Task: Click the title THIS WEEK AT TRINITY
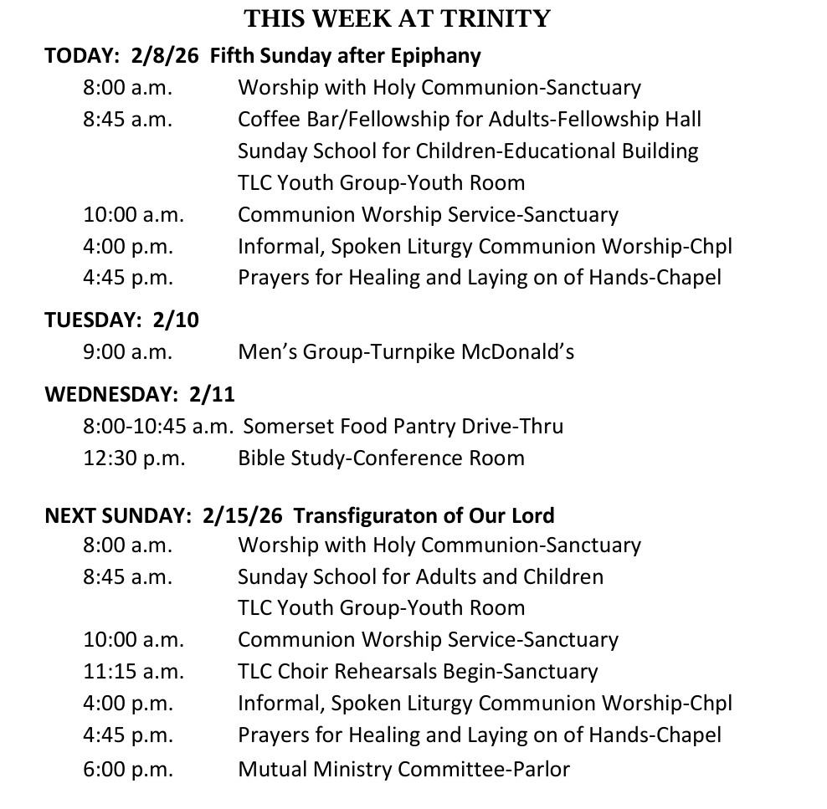click(398, 18)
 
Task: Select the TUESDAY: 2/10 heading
click(121, 320)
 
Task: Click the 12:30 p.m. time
click(134, 458)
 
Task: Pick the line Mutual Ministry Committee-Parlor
click(403, 769)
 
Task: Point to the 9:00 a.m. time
click(127, 351)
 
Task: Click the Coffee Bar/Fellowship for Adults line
click(469, 119)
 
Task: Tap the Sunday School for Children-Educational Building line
click(467, 151)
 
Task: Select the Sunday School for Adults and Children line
click(420, 576)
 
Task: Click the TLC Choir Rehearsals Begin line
click(418, 671)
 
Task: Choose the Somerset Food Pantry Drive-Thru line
click(403, 426)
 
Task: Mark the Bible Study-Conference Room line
click(381, 458)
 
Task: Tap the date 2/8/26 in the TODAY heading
click(165, 56)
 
